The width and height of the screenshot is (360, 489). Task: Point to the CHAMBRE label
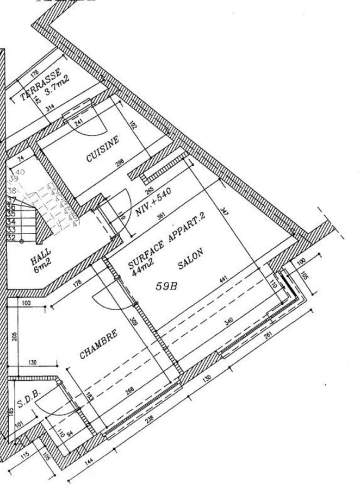[x=98, y=344]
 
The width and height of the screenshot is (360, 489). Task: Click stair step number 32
[x=10, y=237]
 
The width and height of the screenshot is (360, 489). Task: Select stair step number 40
[x=20, y=172]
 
